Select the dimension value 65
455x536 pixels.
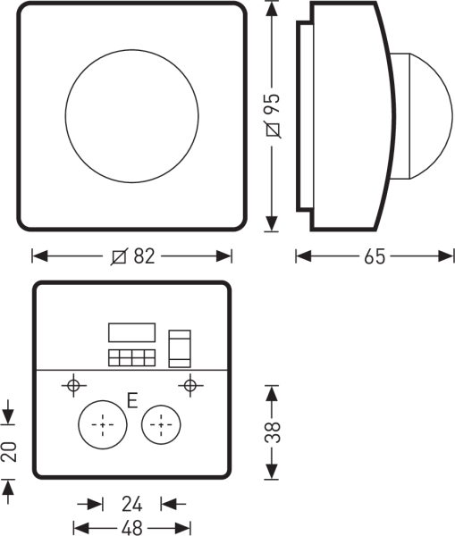click(375, 257)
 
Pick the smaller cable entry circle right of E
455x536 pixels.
click(162, 423)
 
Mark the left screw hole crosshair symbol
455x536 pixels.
click(74, 386)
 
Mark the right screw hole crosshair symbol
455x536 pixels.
click(188, 386)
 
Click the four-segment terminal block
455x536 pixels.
click(132, 358)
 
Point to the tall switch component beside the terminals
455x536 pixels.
click(180, 348)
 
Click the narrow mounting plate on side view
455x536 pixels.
click(304, 116)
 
